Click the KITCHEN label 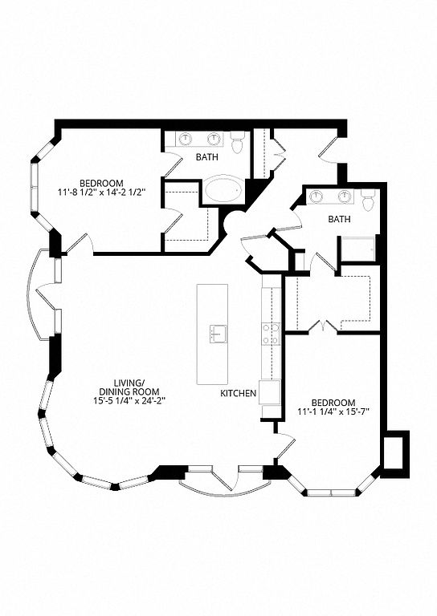coord(239,393)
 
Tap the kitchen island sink coord(218,334)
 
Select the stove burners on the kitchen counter coord(271,334)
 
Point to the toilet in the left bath coord(237,142)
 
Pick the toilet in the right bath coord(368,201)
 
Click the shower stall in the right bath coord(358,249)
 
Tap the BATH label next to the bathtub coord(207,157)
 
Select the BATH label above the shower coord(339,219)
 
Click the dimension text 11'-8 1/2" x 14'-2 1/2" coord(101,192)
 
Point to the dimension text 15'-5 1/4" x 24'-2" coord(127,400)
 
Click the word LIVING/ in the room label coord(127,383)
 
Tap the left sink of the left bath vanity coord(186,138)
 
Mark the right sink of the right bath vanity coord(345,196)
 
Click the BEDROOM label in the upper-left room coord(101,184)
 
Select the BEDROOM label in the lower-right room coord(333,403)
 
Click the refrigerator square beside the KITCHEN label coord(269,391)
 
